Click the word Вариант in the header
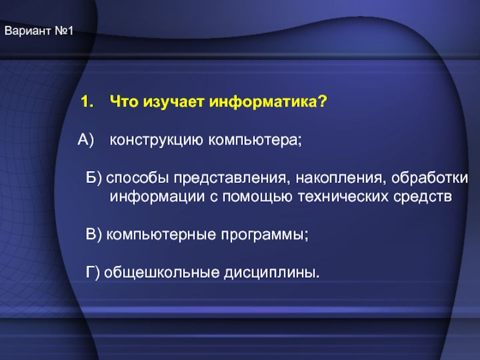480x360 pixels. click(28, 31)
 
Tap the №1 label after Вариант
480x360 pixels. click(64, 31)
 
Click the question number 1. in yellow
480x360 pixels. click(87, 101)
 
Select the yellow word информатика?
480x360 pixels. click(268, 101)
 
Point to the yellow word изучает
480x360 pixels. click(174, 102)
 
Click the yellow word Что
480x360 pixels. click(124, 101)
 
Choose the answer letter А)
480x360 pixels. click(86, 140)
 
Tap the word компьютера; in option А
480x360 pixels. click(255, 140)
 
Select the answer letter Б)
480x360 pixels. click(94, 178)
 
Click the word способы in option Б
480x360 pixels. click(137, 178)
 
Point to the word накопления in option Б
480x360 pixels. click(339, 178)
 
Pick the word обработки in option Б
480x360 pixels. click(430, 178)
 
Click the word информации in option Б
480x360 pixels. click(157, 197)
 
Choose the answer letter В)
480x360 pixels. click(94, 235)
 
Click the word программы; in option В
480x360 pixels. click(265, 235)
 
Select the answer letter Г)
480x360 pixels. click(93, 273)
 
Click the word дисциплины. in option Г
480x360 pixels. click(272, 273)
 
